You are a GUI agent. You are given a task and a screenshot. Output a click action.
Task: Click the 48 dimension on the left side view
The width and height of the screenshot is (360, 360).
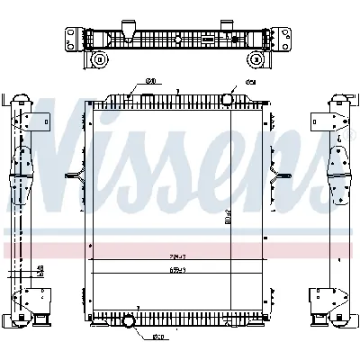[41, 267]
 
